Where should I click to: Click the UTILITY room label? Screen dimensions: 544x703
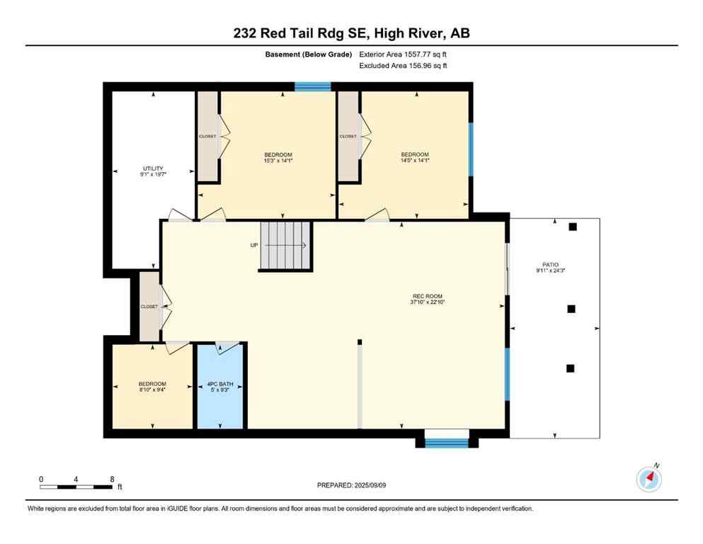point(153,169)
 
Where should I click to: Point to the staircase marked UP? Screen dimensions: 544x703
point(286,245)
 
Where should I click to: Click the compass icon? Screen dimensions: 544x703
point(648,479)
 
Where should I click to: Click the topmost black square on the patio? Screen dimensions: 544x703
point(573,227)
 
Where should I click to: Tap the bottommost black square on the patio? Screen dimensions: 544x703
point(571,368)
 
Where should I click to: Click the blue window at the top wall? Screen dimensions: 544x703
point(312,87)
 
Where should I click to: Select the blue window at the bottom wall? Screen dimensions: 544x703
point(446,443)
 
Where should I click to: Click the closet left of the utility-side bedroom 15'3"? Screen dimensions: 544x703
point(207,136)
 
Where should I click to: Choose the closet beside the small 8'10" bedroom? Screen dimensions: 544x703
point(149,307)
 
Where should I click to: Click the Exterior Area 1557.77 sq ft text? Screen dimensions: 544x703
point(403,55)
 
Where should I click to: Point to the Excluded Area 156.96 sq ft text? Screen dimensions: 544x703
point(403,66)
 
